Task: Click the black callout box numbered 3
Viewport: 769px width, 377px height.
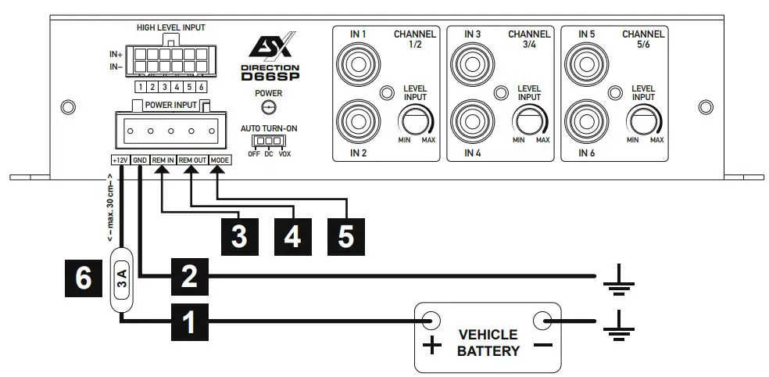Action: tap(240, 235)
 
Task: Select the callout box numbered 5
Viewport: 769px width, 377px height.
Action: tap(345, 235)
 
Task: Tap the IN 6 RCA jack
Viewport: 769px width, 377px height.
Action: tap(585, 120)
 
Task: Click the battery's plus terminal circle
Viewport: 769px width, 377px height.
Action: tap(431, 320)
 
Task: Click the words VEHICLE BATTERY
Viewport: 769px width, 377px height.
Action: tap(488, 343)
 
